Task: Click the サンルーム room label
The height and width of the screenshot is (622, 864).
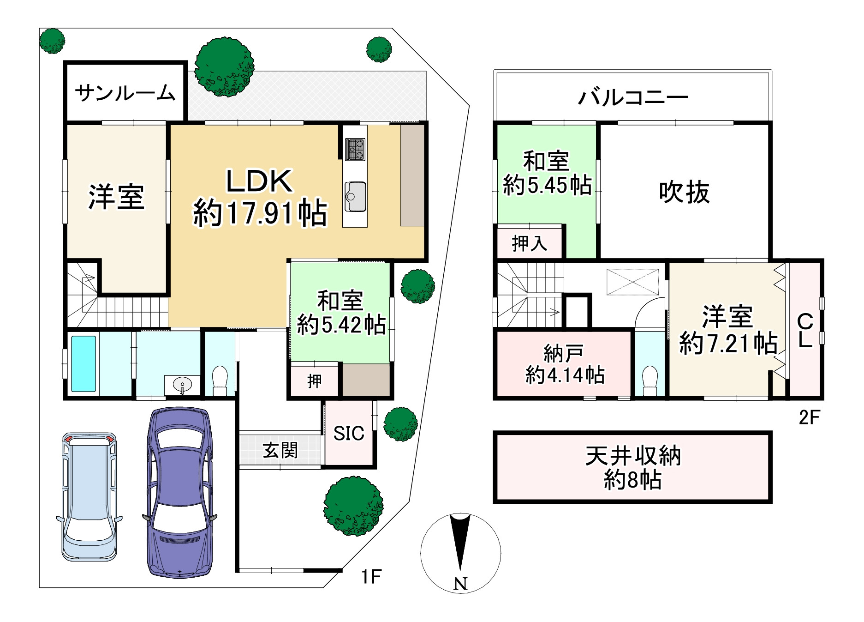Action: (125, 93)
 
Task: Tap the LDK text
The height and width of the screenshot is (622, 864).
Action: (259, 181)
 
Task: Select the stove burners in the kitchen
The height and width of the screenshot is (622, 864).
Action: (355, 149)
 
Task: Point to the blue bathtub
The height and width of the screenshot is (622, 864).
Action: (83, 363)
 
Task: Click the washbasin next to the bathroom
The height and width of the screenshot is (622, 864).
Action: (183, 384)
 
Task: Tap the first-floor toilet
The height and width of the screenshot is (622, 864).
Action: (220, 380)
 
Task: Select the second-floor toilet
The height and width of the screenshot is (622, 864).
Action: (650, 380)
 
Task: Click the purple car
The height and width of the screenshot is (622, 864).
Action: (180, 492)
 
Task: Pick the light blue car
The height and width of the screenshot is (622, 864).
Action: (89, 496)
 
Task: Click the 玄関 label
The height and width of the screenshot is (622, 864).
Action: (280, 450)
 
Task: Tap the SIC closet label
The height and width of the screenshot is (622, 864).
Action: (349, 434)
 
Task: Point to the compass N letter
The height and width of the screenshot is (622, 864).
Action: (460, 584)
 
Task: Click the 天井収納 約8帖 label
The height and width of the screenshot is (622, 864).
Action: (632, 468)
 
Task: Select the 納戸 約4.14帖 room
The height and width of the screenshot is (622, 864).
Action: (564, 364)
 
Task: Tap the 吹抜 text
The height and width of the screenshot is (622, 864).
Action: (684, 192)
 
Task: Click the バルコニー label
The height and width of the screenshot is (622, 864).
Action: (633, 97)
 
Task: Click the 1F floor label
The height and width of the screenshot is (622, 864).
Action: (371, 577)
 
